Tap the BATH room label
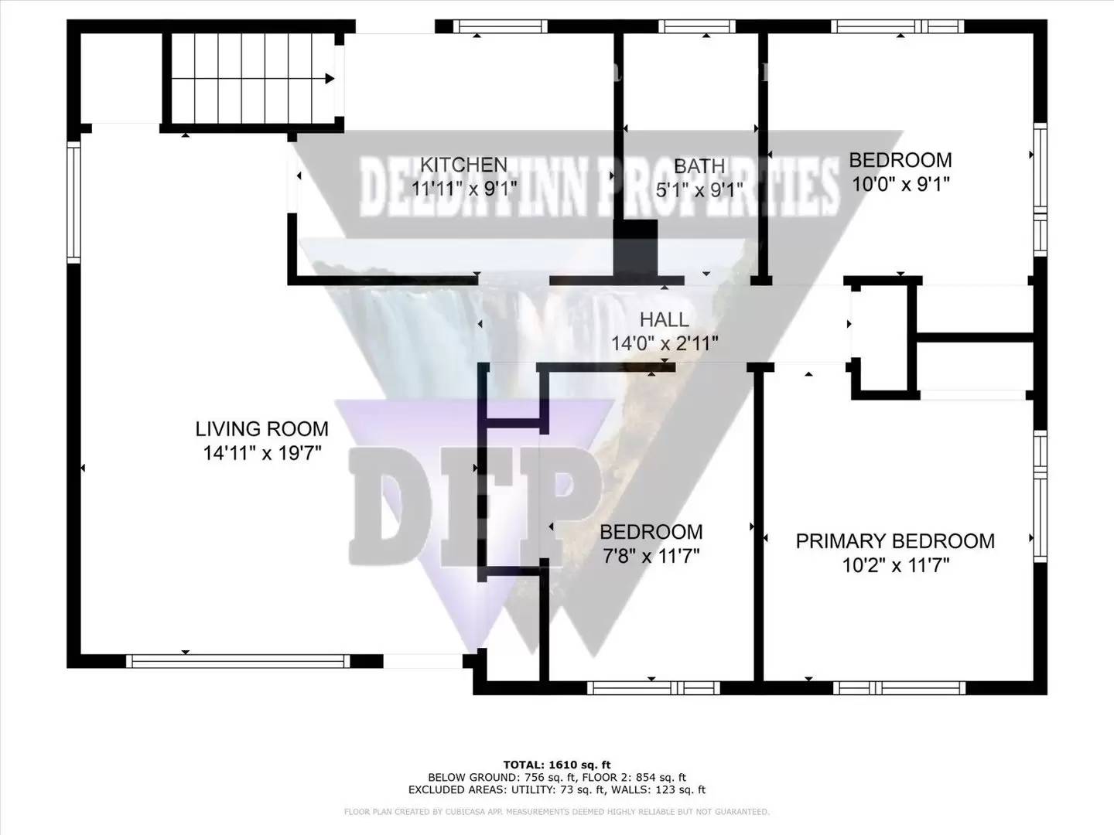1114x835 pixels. pos(699,166)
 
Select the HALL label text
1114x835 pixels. pos(664,319)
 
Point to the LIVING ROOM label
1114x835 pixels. pos(261,429)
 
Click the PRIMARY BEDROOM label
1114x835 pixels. pos(895,541)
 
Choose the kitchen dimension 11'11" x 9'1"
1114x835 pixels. pos(460,188)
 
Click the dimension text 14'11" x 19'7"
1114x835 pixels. pos(261,453)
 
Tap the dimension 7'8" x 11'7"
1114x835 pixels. pos(650,555)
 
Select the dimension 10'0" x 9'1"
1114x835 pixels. pos(900,184)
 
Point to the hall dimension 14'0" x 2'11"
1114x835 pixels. pos(665,343)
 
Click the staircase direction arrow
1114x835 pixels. pos(330,78)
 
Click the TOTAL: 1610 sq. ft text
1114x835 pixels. pos(557,765)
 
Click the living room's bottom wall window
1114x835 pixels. pos(237,661)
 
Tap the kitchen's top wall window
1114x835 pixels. pos(500,26)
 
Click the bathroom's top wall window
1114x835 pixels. pos(696,26)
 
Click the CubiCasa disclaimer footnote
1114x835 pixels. pos(557,812)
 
